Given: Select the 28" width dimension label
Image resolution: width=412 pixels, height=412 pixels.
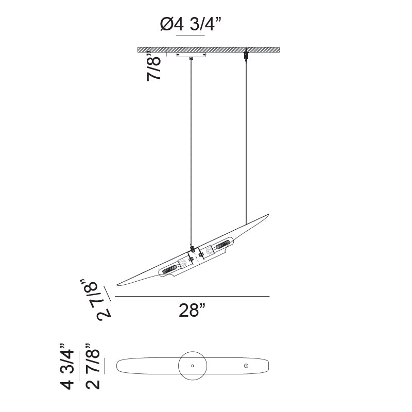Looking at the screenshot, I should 192,311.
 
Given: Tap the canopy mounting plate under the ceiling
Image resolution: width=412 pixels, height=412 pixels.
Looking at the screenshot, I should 191,55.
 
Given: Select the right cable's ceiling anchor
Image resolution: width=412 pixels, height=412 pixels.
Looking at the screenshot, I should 246,54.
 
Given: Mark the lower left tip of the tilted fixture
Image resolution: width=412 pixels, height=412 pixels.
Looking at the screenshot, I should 119,284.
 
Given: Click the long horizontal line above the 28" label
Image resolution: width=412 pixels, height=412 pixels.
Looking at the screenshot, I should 192,297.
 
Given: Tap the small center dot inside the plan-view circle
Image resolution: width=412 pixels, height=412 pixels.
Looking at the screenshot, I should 192,366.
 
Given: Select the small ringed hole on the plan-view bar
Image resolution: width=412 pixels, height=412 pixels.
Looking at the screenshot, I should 246,366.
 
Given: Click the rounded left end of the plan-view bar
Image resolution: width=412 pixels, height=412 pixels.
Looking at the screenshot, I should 120,366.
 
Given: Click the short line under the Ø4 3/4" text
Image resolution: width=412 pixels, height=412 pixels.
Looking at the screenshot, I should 191,35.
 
